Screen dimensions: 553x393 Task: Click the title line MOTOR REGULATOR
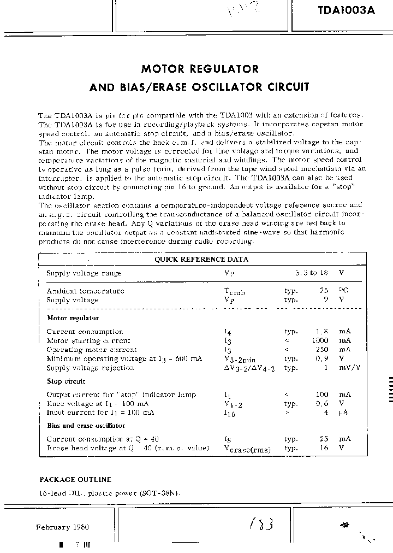point(200,69)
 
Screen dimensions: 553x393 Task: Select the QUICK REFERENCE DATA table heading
point(201,260)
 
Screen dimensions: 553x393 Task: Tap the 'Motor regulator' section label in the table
point(73,317)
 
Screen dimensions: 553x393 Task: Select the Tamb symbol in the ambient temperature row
point(234,292)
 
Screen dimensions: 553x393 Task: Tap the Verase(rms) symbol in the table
point(245,449)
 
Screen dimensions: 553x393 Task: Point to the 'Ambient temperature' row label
point(85,291)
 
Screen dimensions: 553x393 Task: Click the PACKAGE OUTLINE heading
point(75,479)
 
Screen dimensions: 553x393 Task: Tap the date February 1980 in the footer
point(62,527)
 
